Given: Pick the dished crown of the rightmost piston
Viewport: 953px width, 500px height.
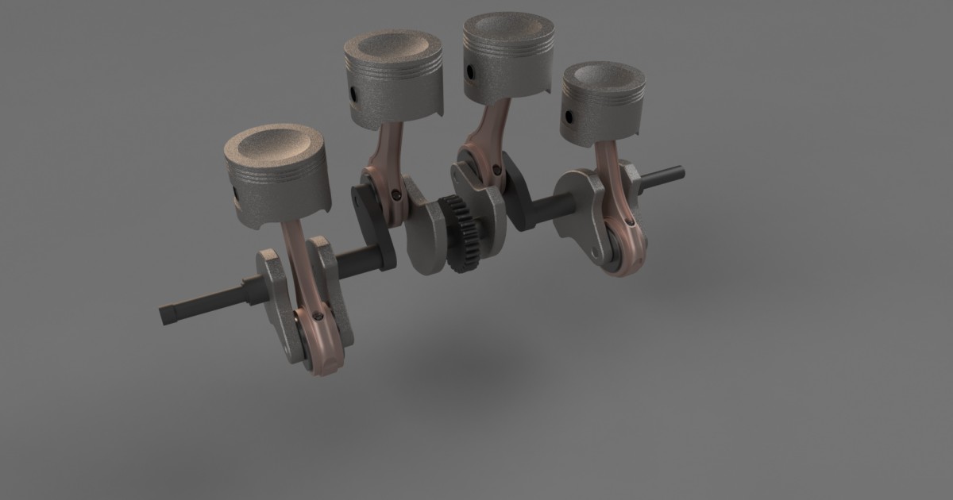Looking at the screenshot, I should (604, 77).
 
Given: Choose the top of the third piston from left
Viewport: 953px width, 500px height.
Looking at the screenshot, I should (509, 29).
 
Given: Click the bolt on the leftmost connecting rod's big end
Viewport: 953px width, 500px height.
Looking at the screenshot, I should (318, 316).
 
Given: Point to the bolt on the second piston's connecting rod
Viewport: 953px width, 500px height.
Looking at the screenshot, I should (395, 193).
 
